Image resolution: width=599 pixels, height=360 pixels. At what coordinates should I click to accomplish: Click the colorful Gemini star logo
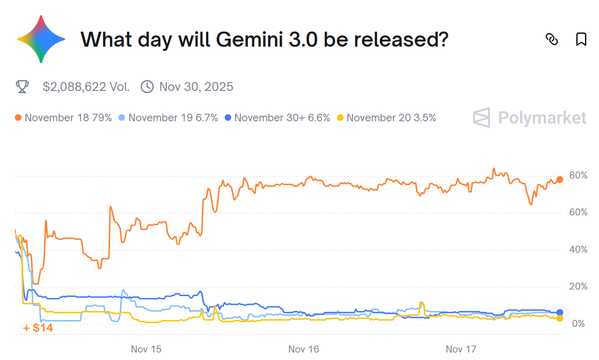tap(41, 39)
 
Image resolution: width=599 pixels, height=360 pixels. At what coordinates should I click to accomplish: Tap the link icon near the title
tap(551, 40)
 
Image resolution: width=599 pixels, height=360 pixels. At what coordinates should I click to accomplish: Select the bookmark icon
tap(581, 40)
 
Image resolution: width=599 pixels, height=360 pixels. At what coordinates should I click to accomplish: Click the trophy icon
tap(22, 87)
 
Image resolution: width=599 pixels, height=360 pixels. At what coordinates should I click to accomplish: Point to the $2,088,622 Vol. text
tap(86, 87)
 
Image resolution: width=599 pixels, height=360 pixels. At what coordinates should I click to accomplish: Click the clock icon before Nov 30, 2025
tap(147, 87)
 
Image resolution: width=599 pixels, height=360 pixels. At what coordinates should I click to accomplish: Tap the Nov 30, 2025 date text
tap(196, 87)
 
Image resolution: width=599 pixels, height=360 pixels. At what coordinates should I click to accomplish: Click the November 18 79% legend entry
tap(63, 118)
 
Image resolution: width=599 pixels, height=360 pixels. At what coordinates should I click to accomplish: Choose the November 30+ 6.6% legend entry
tap(277, 118)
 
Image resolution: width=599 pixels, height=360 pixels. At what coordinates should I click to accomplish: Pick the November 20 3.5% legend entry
tap(386, 118)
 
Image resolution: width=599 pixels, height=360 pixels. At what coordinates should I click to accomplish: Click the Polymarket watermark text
tap(542, 118)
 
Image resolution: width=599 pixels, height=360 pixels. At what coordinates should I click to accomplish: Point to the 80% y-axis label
tap(578, 176)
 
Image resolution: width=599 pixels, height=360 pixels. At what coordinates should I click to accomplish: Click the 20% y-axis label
tap(578, 286)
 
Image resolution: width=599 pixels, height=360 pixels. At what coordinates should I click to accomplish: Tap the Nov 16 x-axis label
tap(304, 349)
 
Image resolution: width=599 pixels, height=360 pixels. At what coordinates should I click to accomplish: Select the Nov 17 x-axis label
tap(461, 349)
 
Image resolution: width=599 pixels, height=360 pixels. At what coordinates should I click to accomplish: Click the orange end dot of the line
tap(560, 180)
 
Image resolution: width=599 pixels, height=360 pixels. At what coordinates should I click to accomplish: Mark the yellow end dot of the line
tap(560, 318)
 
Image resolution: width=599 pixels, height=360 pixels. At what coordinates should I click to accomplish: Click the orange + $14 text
tap(38, 328)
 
